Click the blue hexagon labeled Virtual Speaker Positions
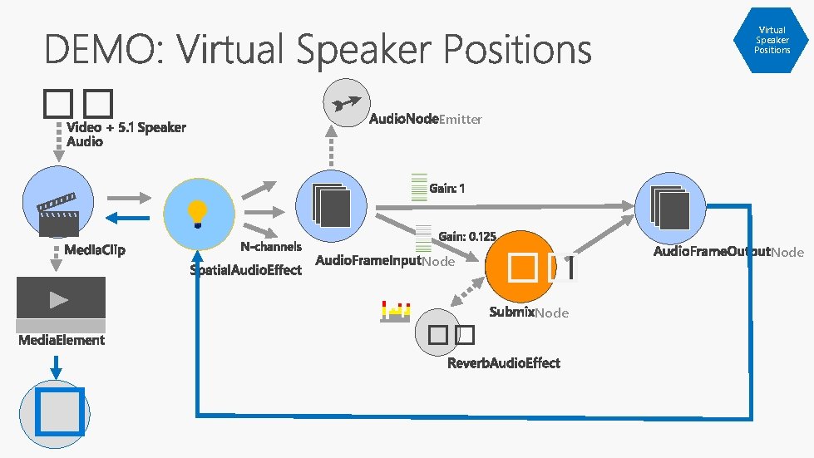[772, 39]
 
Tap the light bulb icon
[197, 214]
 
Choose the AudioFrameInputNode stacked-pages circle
[331, 206]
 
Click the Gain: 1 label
[447, 189]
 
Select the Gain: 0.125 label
[467, 237]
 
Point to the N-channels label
[271, 247]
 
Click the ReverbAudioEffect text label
[504, 363]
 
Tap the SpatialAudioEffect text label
[246, 270]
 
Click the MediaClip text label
[95, 250]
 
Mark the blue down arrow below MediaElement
[56, 367]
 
